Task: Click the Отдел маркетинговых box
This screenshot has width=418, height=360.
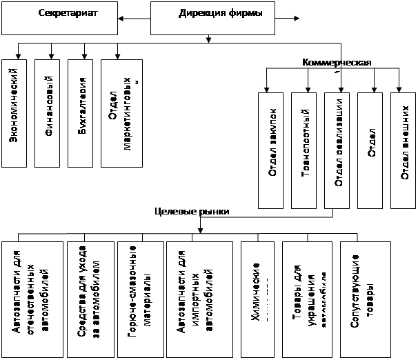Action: [120, 112]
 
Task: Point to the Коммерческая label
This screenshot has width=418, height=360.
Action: [337, 63]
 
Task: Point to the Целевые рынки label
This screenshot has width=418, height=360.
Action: [192, 211]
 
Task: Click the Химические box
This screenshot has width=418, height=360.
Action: [259, 299]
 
